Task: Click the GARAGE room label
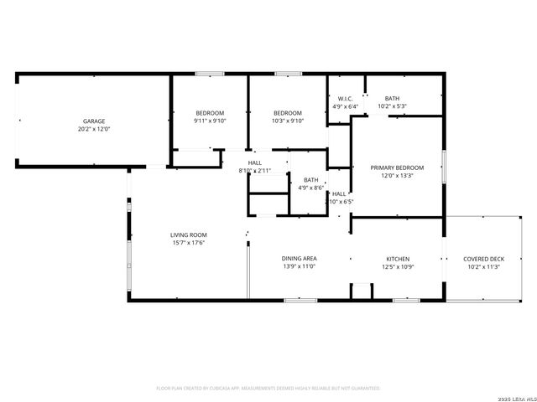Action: (x=93, y=121)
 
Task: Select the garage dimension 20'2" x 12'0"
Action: (x=93, y=130)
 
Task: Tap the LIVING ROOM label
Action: (x=189, y=234)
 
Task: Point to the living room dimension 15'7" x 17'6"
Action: (x=189, y=243)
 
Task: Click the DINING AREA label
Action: (x=298, y=258)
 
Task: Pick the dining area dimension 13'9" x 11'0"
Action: (x=298, y=266)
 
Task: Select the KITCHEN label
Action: (x=398, y=258)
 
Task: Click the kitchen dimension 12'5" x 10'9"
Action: (x=398, y=266)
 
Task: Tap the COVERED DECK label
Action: (x=484, y=259)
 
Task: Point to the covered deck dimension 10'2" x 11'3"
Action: (x=484, y=266)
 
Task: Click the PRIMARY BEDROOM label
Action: (x=397, y=167)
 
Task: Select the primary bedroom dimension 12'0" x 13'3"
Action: (x=397, y=176)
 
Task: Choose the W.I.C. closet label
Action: (x=344, y=99)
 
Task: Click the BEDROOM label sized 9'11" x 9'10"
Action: (x=210, y=113)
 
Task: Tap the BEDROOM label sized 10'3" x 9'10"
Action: (x=288, y=113)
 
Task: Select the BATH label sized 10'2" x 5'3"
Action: (x=393, y=99)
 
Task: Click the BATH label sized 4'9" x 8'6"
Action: (x=310, y=179)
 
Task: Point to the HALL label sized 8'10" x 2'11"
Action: (x=255, y=162)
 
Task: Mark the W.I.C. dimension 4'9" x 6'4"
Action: (x=344, y=106)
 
